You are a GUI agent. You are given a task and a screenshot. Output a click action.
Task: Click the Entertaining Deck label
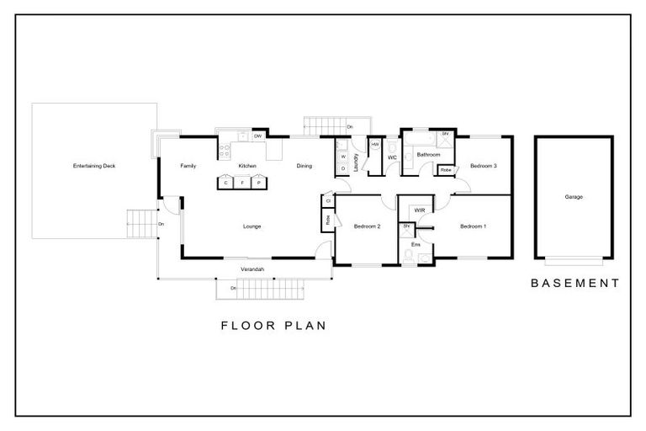click(x=94, y=167)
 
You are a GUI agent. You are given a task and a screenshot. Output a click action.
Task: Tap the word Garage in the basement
click(x=574, y=197)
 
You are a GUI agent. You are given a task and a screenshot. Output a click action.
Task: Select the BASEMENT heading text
click(x=575, y=284)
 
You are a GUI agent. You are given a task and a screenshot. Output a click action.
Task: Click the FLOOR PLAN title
click(x=273, y=325)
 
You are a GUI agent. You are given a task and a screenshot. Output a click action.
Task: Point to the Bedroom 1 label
click(x=473, y=226)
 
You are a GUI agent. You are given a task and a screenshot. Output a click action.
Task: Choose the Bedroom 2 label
click(x=368, y=226)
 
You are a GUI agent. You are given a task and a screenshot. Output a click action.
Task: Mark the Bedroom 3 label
click(x=483, y=166)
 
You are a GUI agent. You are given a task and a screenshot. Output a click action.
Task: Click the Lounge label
click(x=252, y=226)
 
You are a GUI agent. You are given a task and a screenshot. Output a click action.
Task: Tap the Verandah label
click(x=252, y=269)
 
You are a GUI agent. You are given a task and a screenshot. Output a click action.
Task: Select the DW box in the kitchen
click(x=258, y=136)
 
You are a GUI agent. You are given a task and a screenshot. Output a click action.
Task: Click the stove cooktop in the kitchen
click(x=225, y=152)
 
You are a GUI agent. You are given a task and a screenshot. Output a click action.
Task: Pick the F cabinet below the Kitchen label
click(x=243, y=182)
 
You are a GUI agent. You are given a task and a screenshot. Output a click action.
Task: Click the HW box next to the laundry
click(x=374, y=145)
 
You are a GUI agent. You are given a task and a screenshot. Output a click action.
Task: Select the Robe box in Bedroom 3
click(x=446, y=170)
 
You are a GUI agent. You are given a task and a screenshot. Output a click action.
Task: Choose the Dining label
click(x=304, y=166)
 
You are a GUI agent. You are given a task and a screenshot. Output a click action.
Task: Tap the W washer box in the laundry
click(x=343, y=157)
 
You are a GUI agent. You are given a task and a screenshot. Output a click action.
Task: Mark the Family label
click(x=188, y=166)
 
